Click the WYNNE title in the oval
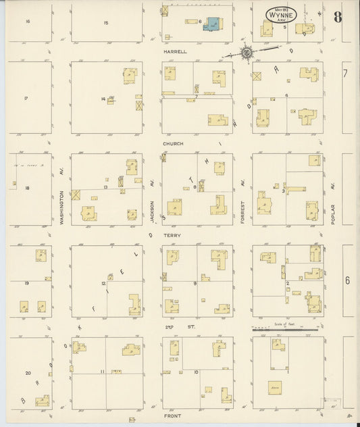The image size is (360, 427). click(271, 14)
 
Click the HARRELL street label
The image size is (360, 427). click(178, 51)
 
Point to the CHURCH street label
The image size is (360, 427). click(173, 144)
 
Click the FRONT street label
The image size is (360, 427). click(174, 418)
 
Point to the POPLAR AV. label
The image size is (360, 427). click(334, 207)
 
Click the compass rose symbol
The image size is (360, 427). click(247, 51)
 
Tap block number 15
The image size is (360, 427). click(105, 24)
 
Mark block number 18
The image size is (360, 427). click(28, 189)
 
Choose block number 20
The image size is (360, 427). click(28, 373)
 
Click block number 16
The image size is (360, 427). click(28, 22)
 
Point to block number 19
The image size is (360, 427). click(26, 282)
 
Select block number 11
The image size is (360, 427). click(103, 372)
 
